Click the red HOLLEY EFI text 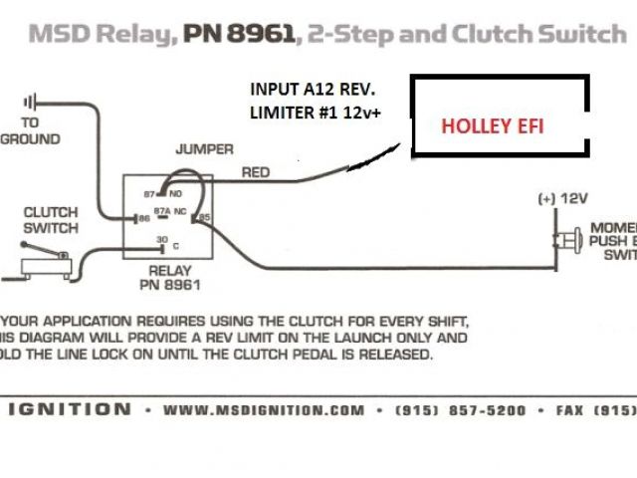click(494, 126)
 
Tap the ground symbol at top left click(31, 101)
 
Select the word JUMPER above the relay click(204, 149)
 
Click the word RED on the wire click(256, 172)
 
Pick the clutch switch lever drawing click(45, 262)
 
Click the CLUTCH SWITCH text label click(51, 220)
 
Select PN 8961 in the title click(239, 36)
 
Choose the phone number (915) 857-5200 click(460, 409)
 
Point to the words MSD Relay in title click(101, 36)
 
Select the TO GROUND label click(30, 130)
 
